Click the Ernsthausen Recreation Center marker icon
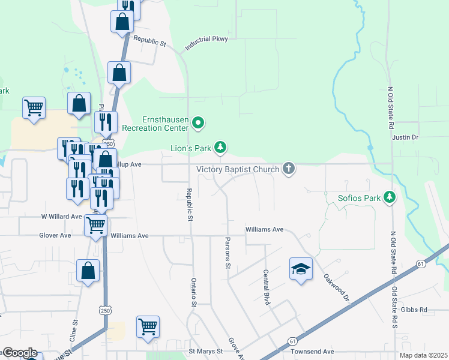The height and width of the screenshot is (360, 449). click(x=199, y=124)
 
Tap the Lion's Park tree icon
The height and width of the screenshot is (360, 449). click(x=221, y=147)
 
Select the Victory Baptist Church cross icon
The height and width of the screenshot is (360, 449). click(x=289, y=169)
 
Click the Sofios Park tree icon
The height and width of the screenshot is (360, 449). click(x=390, y=197)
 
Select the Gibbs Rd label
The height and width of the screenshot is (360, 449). click(x=415, y=310)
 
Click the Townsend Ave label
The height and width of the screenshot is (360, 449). click(x=312, y=352)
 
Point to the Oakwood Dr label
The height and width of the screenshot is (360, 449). click(x=336, y=288)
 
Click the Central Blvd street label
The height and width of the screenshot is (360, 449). click(x=266, y=287)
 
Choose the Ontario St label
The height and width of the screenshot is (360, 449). click(x=194, y=292)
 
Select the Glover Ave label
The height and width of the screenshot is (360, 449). click(x=55, y=236)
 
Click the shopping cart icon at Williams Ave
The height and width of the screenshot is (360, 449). click(x=96, y=226)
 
